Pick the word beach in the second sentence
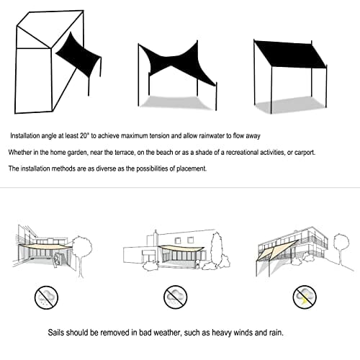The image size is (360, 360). pyautogui.click(x=163, y=152)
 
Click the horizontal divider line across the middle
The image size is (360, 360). pyautogui.click(x=180, y=189)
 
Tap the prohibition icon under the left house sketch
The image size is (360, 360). pyautogui.click(x=47, y=295)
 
